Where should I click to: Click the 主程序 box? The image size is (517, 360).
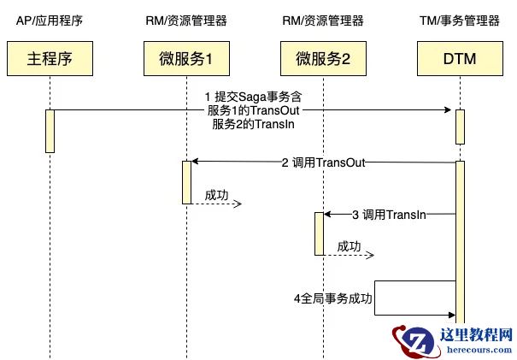[48, 59]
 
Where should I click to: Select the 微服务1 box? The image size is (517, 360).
[185, 59]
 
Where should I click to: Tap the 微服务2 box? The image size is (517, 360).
[322, 59]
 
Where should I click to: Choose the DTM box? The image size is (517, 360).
[459, 59]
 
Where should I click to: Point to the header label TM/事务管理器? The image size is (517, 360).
[459, 20]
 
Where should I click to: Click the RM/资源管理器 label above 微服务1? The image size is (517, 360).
[185, 20]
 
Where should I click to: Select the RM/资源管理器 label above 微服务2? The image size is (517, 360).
[322, 20]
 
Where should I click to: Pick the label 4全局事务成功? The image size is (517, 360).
[333, 298]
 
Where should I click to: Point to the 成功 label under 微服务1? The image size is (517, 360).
[217, 196]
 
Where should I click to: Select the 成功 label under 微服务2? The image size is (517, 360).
[350, 246]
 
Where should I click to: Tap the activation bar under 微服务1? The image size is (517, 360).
[185, 181]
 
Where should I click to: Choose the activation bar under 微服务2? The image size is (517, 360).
[320, 233]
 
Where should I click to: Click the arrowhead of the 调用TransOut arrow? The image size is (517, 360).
[195, 162]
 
